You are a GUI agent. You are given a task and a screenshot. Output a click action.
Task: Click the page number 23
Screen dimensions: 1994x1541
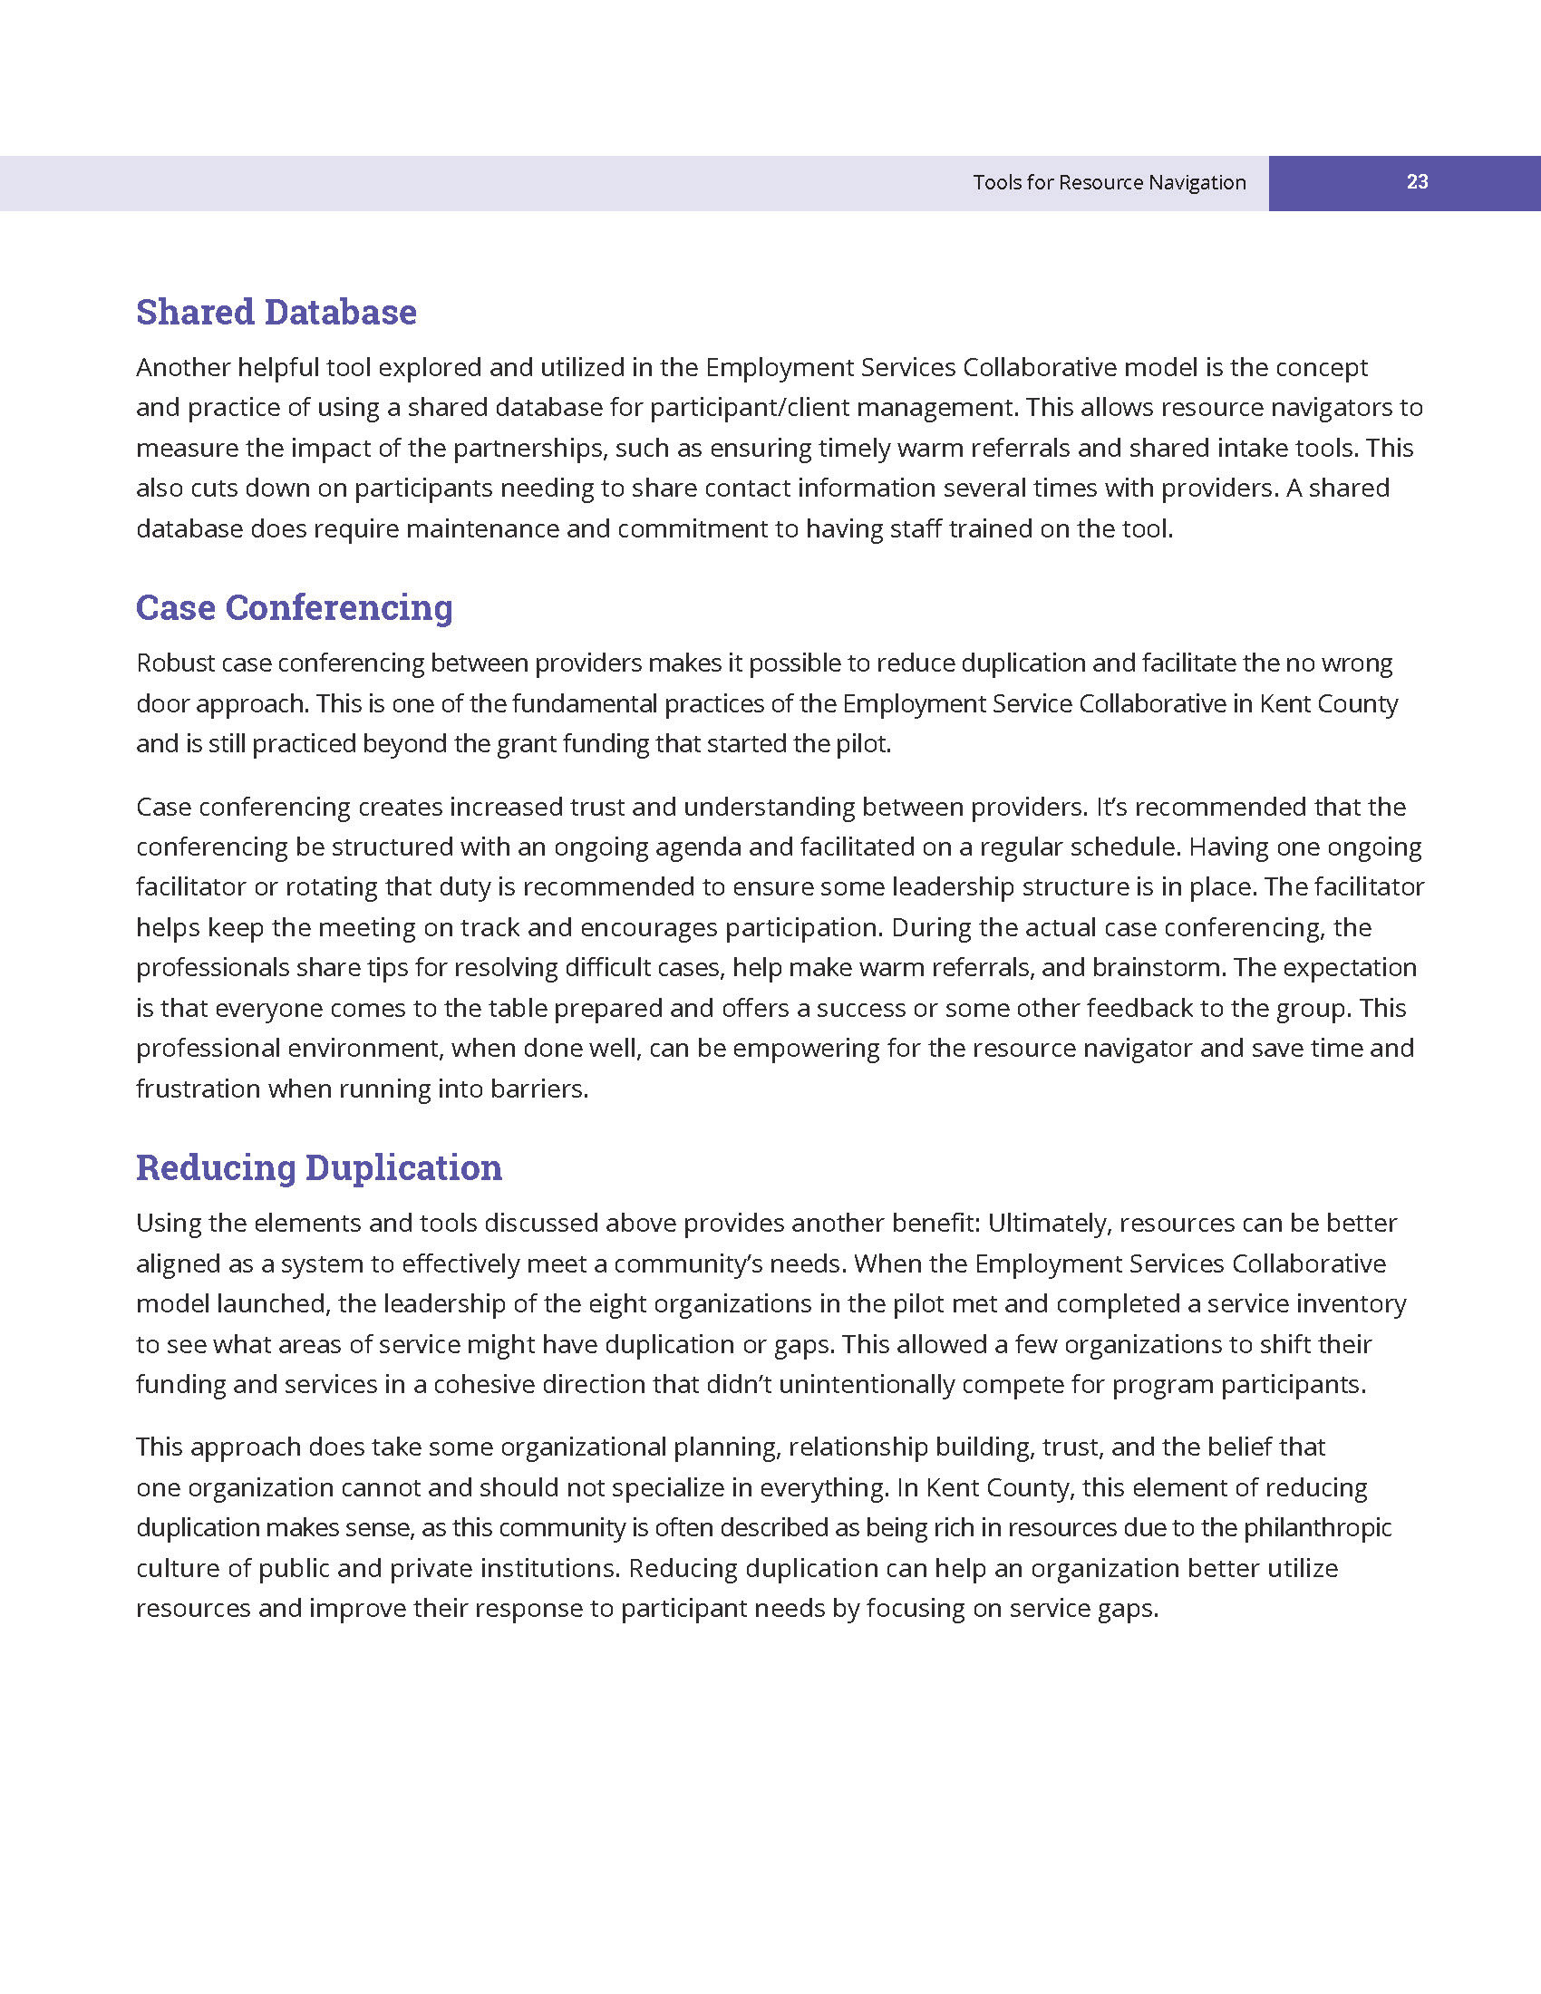[x=1417, y=182]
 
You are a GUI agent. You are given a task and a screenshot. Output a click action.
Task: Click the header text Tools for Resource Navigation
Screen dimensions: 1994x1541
[x=1109, y=182]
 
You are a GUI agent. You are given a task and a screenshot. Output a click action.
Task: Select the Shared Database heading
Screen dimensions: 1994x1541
[x=276, y=313]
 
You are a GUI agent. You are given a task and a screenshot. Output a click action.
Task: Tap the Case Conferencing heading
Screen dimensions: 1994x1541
[x=294, y=608]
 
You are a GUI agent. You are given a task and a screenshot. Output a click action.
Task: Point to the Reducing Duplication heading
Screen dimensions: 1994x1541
[x=318, y=1167]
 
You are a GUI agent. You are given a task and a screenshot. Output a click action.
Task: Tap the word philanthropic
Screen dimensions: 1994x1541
[x=1317, y=1527]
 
